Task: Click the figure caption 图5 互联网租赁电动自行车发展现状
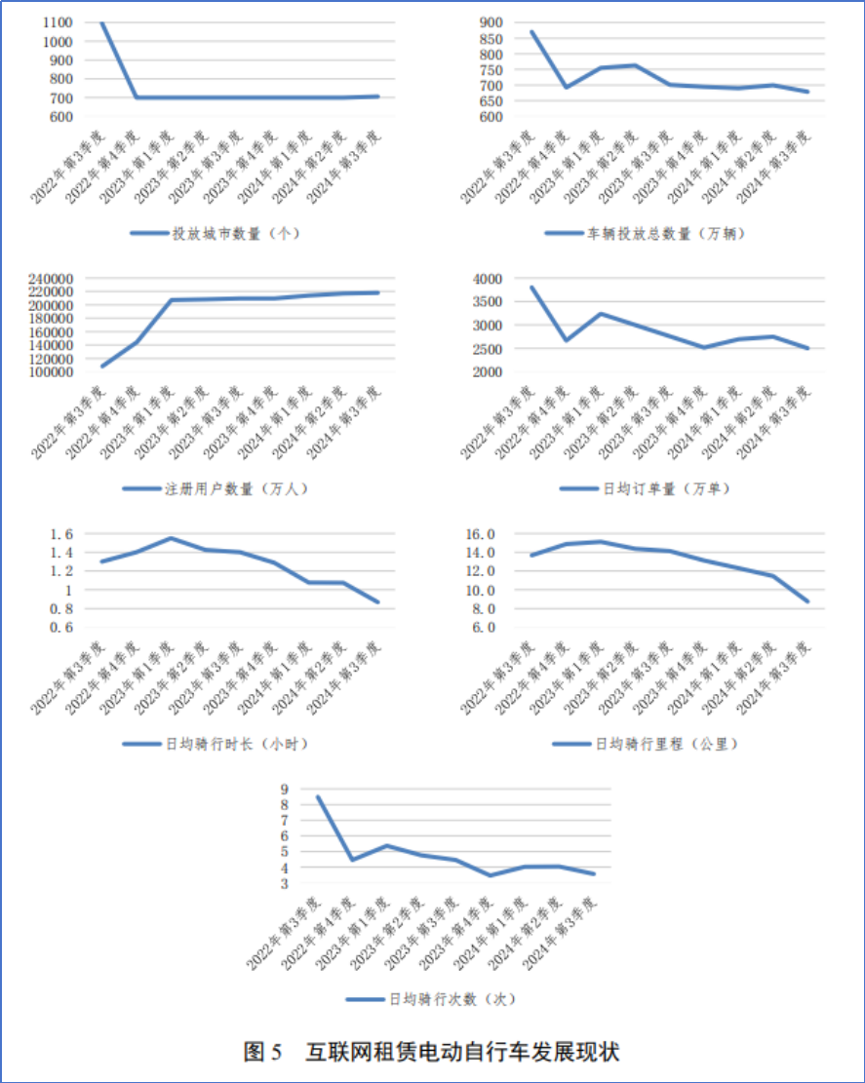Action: pyautogui.click(x=431, y=1053)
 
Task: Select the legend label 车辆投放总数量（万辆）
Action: pyautogui.click(x=658, y=234)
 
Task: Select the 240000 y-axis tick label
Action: pyautogui.click(x=49, y=279)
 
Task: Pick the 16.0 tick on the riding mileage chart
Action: pyautogui.click(x=485, y=534)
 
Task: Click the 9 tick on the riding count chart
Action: pyautogui.click(x=284, y=790)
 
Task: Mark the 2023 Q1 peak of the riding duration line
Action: pyautogui.click(x=171, y=538)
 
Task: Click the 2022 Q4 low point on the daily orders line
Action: pyautogui.click(x=566, y=340)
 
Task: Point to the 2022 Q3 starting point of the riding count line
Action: pyautogui.click(x=318, y=797)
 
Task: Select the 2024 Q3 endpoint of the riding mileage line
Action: pyautogui.click(x=806, y=600)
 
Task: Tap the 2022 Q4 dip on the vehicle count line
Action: pyautogui.click(x=566, y=88)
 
